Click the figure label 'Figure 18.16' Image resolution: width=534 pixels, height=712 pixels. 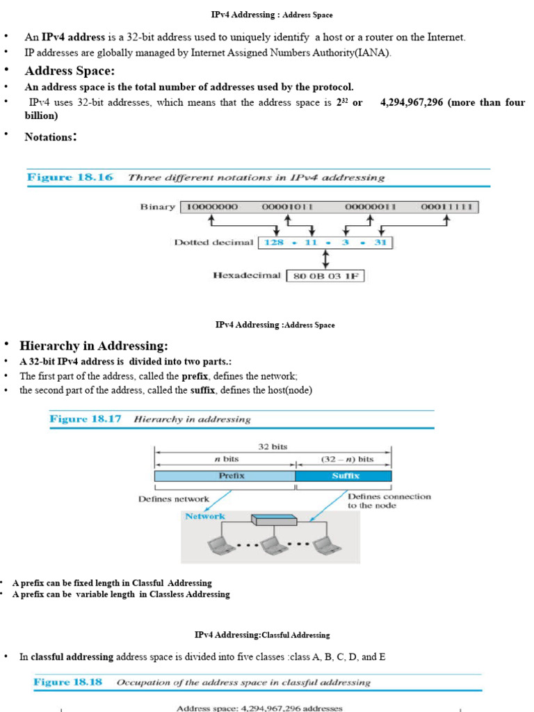click(x=70, y=177)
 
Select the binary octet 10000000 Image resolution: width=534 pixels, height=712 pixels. click(x=209, y=207)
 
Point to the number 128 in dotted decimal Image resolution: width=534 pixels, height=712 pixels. click(x=274, y=243)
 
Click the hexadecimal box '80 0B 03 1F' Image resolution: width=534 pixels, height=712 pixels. click(x=325, y=276)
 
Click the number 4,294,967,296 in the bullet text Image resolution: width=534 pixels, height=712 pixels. click(x=412, y=102)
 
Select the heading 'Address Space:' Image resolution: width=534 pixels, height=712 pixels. click(x=70, y=71)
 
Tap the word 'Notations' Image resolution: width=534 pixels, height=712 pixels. click(x=49, y=137)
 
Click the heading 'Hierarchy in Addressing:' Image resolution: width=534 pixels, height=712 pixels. click(x=93, y=346)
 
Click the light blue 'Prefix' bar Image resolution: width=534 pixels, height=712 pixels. click(x=225, y=476)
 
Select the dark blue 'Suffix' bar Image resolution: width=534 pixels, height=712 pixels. click(x=343, y=476)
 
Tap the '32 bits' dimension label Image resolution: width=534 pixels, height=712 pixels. click(x=273, y=447)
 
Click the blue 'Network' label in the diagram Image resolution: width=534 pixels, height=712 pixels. click(x=204, y=516)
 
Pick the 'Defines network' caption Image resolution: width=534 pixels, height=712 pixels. click(x=173, y=499)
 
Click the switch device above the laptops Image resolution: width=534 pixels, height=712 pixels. click(x=274, y=519)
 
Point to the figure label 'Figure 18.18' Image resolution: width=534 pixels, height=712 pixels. click(x=68, y=682)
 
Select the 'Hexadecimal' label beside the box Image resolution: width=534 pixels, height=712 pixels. click(x=247, y=275)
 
